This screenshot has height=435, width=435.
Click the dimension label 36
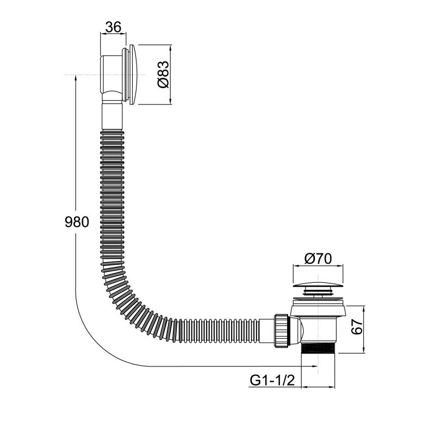coord(114,27)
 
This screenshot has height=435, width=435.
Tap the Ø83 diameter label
coord(163,74)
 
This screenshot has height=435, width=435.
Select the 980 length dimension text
coord(77,222)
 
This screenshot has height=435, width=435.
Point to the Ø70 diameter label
coord(318,259)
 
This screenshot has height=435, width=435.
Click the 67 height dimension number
coord(357,327)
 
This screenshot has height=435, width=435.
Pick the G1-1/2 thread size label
coord(272,380)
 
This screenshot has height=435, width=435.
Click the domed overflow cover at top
coord(133,74)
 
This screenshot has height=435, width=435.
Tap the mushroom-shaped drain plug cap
coord(318,284)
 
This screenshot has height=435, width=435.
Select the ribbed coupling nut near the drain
coord(282,331)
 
